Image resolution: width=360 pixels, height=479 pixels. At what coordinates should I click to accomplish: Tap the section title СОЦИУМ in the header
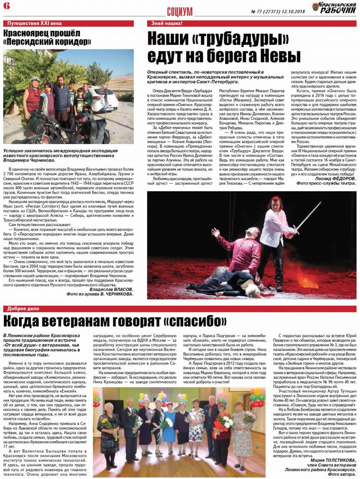click(180, 12)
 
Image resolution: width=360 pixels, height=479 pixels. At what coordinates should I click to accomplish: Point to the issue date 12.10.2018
click(293, 12)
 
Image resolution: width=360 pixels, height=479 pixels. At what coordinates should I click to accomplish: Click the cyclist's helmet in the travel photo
click(35, 79)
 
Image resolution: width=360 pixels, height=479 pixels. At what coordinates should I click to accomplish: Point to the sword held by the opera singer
click(309, 215)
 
